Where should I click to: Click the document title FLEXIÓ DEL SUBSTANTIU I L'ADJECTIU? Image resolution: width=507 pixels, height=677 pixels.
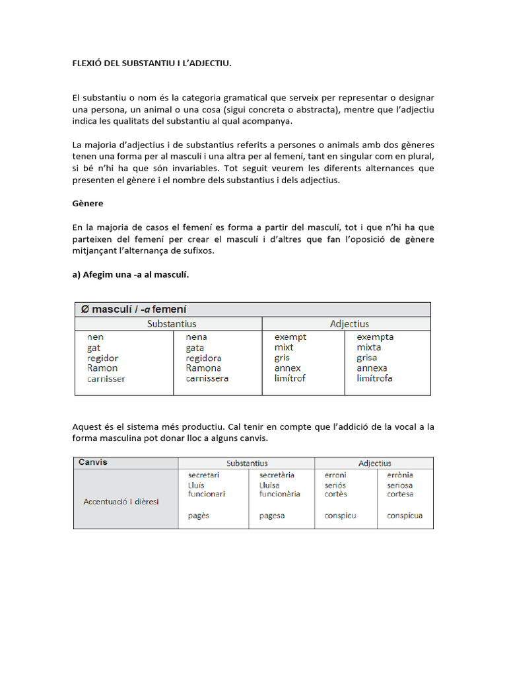[x=152, y=63]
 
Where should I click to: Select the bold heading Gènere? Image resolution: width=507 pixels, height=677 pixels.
[x=88, y=204]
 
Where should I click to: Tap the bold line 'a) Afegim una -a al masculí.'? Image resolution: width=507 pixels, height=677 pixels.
[x=131, y=275]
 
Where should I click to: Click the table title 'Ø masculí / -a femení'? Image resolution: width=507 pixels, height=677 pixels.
[x=133, y=309]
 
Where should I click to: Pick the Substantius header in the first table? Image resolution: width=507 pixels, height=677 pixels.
[x=172, y=324]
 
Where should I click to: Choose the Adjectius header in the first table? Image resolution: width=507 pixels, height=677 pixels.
[x=349, y=324]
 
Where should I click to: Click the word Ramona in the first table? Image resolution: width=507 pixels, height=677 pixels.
[x=203, y=368]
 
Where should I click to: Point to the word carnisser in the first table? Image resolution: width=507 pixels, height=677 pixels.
[x=106, y=379]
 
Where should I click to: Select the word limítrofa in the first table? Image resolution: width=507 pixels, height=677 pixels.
[x=374, y=378]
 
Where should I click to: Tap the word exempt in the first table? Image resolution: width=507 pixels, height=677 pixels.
[x=290, y=337]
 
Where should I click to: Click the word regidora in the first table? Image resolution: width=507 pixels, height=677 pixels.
[x=207, y=358]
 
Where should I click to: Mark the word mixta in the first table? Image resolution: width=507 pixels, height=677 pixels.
[x=368, y=347]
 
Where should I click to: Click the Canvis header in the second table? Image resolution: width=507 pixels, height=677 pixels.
[x=92, y=462]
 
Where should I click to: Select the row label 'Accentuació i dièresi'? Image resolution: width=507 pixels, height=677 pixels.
[x=121, y=502]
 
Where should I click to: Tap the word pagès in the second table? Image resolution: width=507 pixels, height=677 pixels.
[x=198, y=516]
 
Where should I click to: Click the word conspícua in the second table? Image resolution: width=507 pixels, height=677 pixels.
[x=405, y=516]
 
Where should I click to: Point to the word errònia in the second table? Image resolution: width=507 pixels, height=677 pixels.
[x=400, y=475]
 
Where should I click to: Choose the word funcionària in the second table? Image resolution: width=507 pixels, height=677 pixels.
[x=280, y=494]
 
